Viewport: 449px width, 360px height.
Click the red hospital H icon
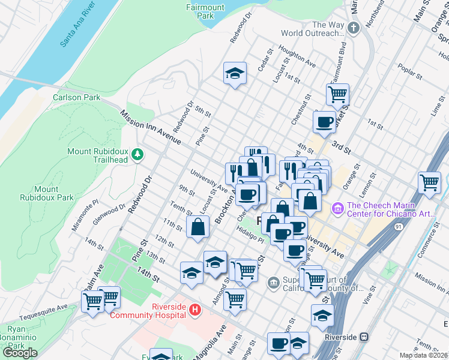(194, 310)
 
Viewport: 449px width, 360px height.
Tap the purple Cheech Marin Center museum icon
(336, 208)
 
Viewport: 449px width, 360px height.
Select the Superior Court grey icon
(274, 281)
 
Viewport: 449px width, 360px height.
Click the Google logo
(20, 352)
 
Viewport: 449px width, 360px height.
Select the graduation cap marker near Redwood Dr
(235, 73)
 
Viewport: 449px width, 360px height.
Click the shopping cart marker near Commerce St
(429, 182)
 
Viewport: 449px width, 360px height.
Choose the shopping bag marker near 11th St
(198, 227)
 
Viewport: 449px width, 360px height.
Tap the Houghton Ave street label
(297, 58)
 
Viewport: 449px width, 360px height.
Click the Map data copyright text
(423, 355)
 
